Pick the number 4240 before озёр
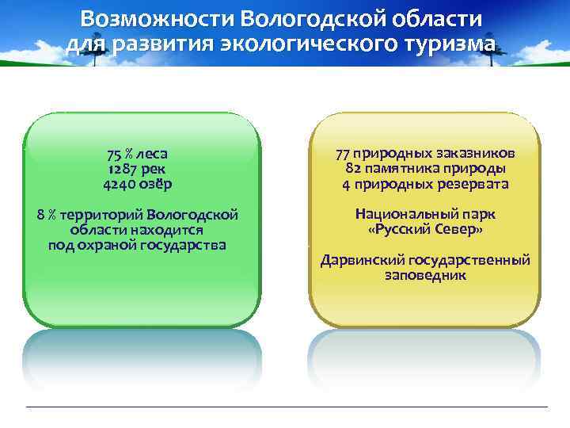pos(118,184)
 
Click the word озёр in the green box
pos(160,184)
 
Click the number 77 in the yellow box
pos(343,154)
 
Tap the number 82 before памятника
pos(354,169)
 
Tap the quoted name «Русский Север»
pos(425,230)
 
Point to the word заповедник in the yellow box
pos(425,276)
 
